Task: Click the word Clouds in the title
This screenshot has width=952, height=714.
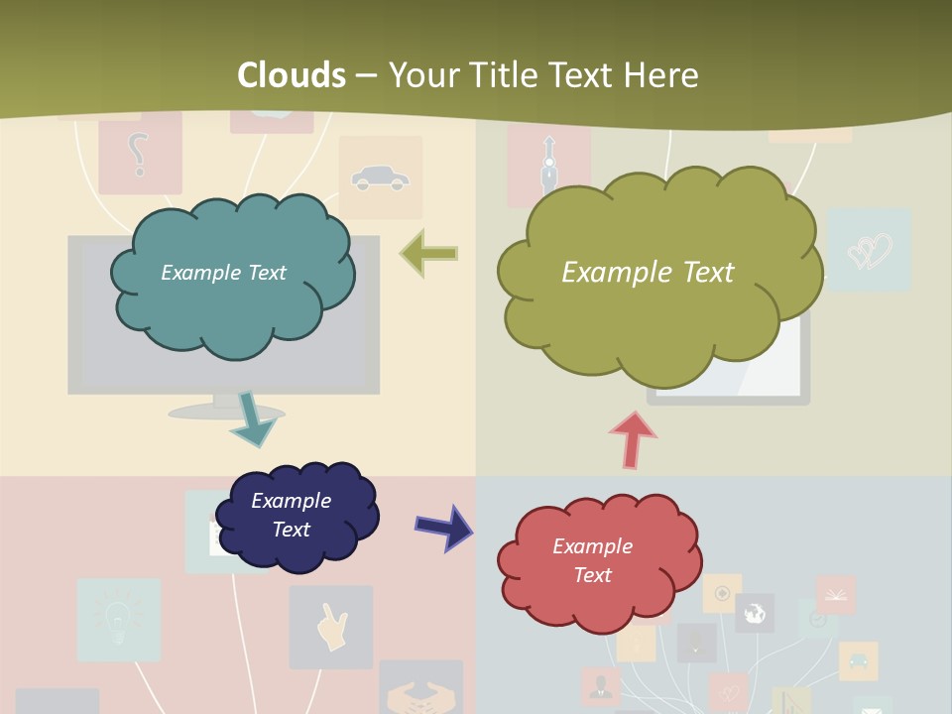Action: tap(292, 75)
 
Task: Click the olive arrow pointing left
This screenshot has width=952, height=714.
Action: tap(429, 254)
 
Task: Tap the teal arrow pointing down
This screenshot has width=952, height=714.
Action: tap(254, 418)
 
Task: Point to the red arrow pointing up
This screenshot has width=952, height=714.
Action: tap(632, 439)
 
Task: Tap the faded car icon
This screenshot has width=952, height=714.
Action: tap(380, 178)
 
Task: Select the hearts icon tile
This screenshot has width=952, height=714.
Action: tap(869, 250)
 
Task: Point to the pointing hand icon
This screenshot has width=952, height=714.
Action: tap(331, 627)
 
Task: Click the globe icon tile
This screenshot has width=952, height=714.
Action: tap(755, 613)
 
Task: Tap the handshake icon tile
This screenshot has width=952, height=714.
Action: tap(420, 692)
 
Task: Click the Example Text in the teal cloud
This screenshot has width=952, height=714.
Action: tap(223, 273)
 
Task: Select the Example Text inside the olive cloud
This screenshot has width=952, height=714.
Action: tap(648, 272)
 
